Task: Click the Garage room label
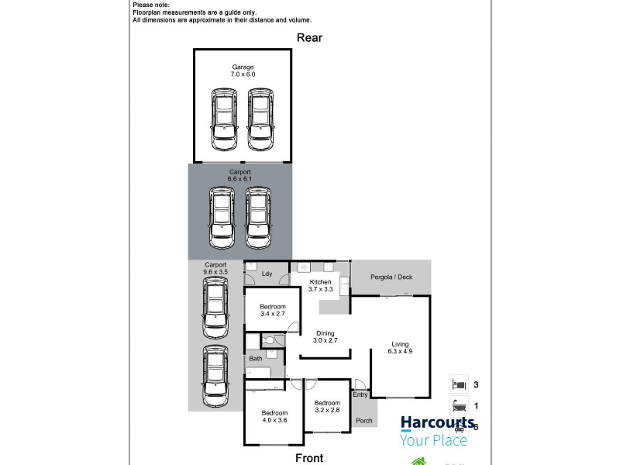pos(243,67)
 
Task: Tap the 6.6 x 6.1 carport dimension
pos(239,179)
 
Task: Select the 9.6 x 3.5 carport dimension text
pos(215,272)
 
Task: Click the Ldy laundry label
pos(267,274)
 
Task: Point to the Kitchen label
pos(320,282)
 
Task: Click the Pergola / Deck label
pos(391,277)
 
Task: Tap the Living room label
pos(400,344)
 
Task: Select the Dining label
pos(325,333)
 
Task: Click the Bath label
pos(256,359)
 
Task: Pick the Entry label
pos(360,394)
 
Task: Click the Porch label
pos(364,421)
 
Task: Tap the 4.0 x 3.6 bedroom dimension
pos(274,420)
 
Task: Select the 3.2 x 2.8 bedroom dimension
pos(327,410)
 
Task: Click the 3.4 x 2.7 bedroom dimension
pos(273,314)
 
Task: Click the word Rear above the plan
pos(309,38)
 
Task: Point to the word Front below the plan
pos(309,458)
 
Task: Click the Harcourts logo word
pos(437,423)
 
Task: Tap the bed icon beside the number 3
pos(459,384)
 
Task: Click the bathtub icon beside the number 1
pos(459,405)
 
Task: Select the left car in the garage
pos(224,119)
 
